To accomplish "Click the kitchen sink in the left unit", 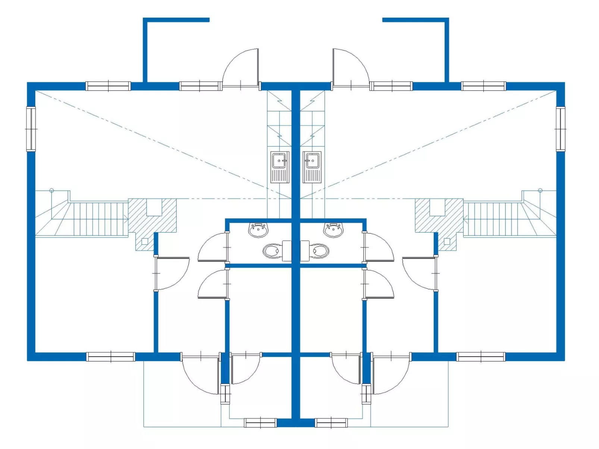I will (280, 167).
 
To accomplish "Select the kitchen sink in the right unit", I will (312, 167).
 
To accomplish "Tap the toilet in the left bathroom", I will (273, 251).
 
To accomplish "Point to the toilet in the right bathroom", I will (319, 251).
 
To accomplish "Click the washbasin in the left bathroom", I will (258, 230).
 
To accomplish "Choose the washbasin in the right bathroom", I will (333, 230).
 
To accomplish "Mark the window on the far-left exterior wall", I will (31, 129).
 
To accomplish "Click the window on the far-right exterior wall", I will (560, 129).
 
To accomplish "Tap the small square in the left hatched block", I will (145, 241).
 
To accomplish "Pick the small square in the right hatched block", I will (447, 241).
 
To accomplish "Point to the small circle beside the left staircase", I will (52, 191).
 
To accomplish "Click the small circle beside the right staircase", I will (540, 191).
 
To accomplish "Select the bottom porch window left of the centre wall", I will (260, 423).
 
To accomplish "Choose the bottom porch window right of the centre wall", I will (331, 423).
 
